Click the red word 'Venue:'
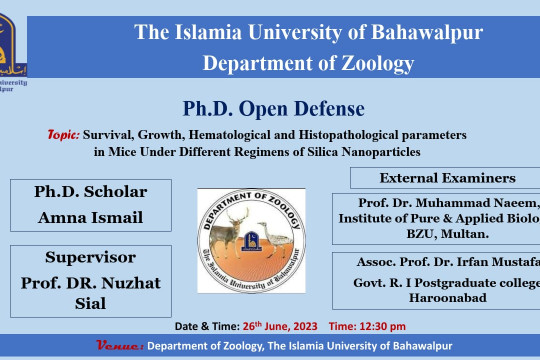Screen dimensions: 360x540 click(x=119, y=346)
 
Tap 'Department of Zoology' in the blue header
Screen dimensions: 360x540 click(x=308, y=63)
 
